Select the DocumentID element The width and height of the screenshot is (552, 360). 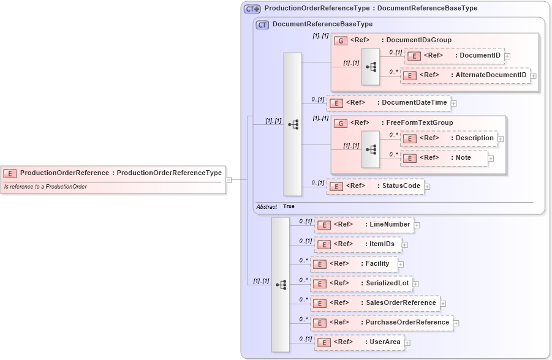tap(454, 56)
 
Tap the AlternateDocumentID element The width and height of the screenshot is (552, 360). tap(465, 75)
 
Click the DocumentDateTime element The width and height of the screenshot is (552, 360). tap(388, 103)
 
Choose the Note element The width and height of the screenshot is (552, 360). tap(444, 158)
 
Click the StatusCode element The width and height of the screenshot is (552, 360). tap(375, 186)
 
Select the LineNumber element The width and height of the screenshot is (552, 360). tap(363, 225)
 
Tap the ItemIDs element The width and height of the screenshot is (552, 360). tap(358, 244)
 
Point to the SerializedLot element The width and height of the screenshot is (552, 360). tap(361, 283)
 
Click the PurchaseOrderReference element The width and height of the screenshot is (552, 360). tap(381, 323)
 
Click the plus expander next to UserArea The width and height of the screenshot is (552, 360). tap(407, 343)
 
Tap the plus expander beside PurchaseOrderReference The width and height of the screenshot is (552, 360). tap(456, 323)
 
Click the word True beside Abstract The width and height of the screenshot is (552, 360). tap(289, 207)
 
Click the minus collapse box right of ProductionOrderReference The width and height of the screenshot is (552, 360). tap(229, 180)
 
